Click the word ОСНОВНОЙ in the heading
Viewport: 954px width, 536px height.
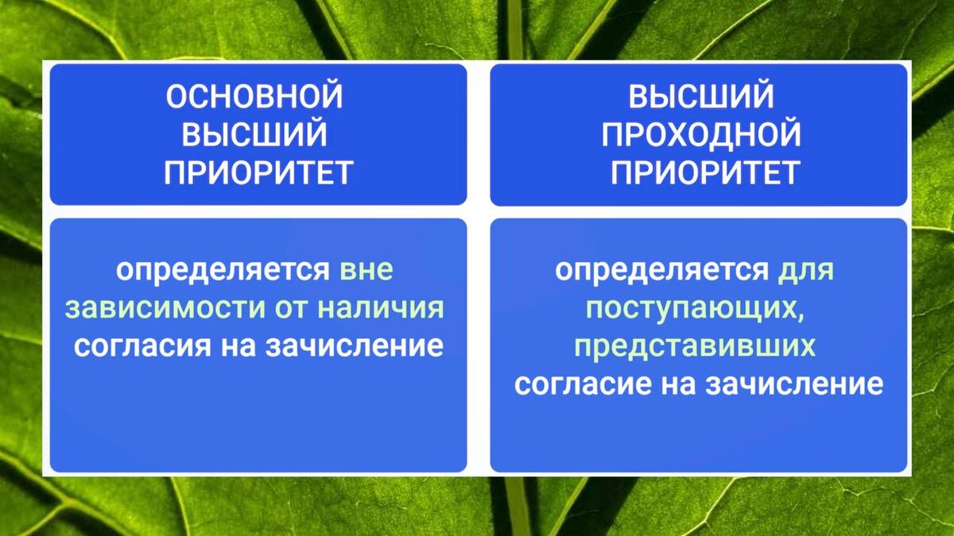[x=254, y=97]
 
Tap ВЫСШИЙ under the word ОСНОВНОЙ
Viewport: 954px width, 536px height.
[x=254, y=134]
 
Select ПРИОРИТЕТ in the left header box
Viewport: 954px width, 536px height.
[x=258, y=172]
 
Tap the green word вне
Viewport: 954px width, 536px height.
[x=366, y=270]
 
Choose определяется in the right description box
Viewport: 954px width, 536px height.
[x=665, y=270]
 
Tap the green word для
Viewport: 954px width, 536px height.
[x=806, y=270]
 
